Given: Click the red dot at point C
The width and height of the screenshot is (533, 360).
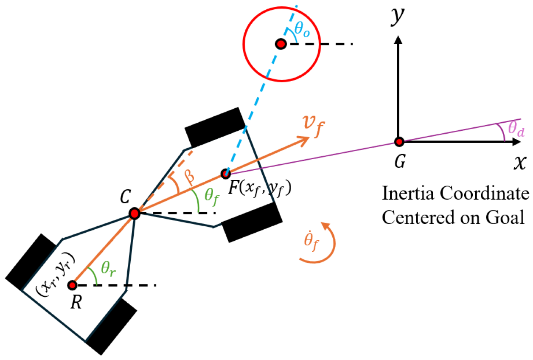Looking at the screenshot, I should (135, 214).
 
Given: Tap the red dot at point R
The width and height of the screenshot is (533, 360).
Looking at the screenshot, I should (73, 285).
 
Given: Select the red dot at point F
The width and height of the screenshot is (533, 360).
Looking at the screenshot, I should (226, 173).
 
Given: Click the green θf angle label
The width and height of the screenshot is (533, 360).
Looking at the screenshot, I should (211, 195).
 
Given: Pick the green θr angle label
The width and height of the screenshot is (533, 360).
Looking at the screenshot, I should (108, 268).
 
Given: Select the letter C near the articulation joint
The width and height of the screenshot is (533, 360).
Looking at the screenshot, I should (124, 197).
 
